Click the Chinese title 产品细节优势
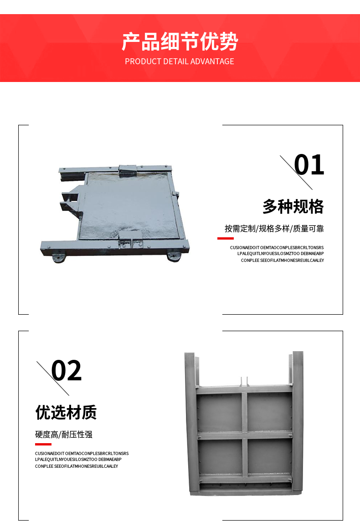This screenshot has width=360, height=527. (180, 41)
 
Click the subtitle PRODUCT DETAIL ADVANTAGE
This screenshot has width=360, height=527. (180, 61)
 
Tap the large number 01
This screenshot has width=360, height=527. (309, 165)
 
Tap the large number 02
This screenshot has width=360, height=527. (66, 370)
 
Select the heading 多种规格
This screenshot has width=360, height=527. (293, 206)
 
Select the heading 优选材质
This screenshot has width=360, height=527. (66, 412)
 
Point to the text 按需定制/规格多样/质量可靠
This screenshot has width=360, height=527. (274, 229)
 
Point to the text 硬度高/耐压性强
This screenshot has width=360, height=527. (64, 435)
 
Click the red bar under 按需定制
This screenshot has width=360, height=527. (226, 238)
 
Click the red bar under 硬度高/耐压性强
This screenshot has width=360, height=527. (43, 444)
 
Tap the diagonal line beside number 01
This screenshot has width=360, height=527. (296, 173)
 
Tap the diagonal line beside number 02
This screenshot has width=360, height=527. (53, 378)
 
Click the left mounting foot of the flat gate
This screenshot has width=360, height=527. (58, 258)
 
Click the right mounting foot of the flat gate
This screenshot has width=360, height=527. (174, 257)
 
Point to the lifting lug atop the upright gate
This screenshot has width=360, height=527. (244, 382)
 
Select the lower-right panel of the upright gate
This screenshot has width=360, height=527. (269, 457)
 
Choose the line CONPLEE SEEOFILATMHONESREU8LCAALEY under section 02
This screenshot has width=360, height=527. (77, 466)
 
